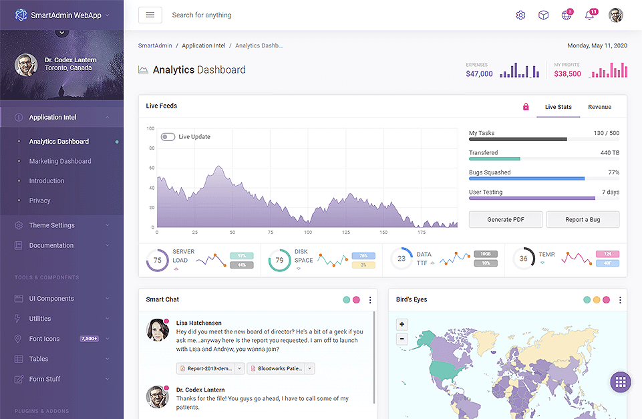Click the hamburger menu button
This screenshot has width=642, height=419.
pyautogui.click(x=150, y=15)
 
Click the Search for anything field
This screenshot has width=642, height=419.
pyautogui.click(x=202, y=15)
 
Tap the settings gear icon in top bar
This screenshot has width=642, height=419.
pyautogui.click(x=521, y=15)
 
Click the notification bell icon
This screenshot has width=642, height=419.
pyautogui.click(x=589, y=15)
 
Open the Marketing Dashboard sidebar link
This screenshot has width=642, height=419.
pyautogui.click(x=60, y=161)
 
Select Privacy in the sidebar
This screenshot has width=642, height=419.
pyautogui.click(x=39, y=200)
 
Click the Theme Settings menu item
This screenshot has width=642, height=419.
pyautogui.click(x=52, y=225)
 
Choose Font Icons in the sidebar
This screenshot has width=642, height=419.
pyautogui.click(x=44, y=339)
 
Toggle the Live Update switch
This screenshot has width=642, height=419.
pyautogui.click(x=168, y=137)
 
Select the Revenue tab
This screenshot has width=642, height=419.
pyautogui.click(x=599, y=107)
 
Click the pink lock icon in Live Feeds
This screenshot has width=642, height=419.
pyautogui.click(x=526, y=107)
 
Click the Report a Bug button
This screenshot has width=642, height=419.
pyautogui.click(x=583, y=220)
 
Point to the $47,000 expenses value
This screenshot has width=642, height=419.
pyautogui.click(x=479, y=74)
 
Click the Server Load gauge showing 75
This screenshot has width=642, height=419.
pyautogui.click(x=157, y=260)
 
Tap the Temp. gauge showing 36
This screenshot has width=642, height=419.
pyautogui.click(x=523, y=259)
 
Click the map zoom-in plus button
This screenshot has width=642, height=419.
pyautogui.click(x=402, y=325)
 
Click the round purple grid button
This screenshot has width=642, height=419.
pyautogui.click(x=620, y=382)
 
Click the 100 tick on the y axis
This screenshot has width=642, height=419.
pyautogui.click(x=150, y=128)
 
